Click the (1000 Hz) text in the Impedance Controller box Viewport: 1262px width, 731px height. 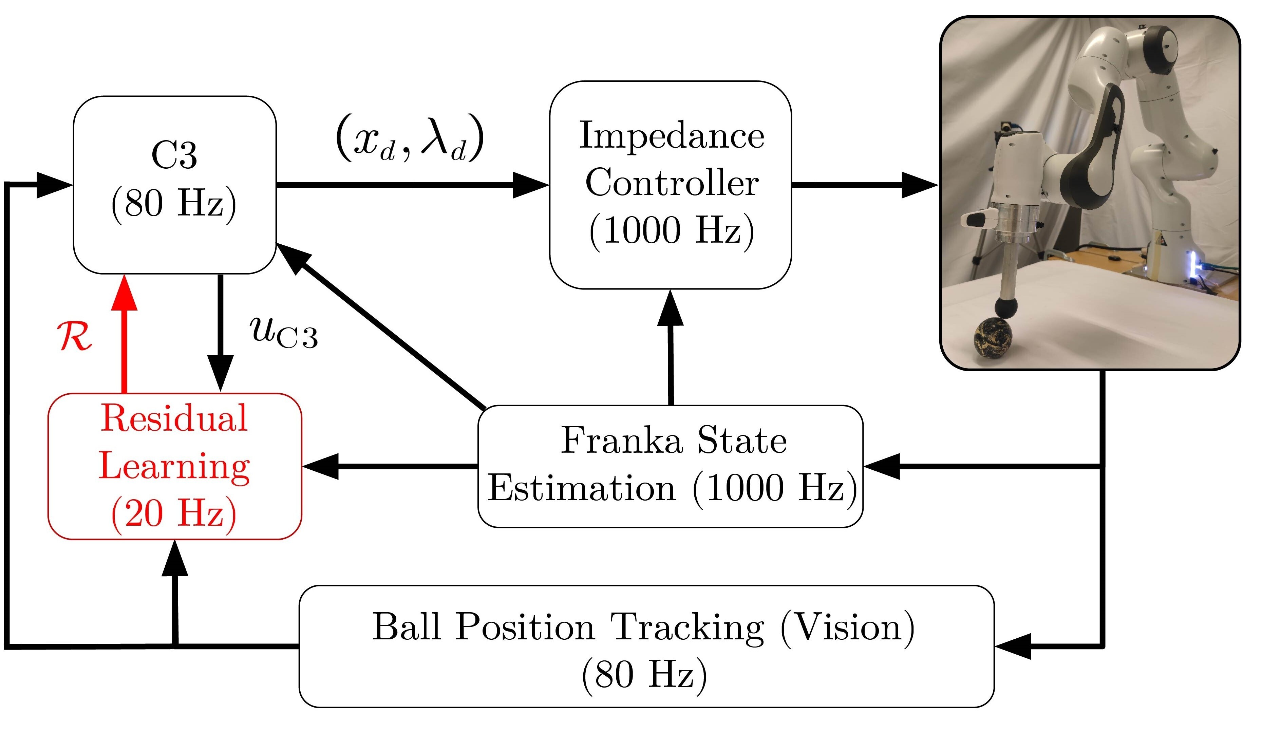tap(672, 230)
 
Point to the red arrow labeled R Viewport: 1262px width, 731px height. tap(124, 335)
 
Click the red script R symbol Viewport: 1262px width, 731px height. tap(74, 336)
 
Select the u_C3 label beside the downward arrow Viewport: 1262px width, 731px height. tap(283, 333)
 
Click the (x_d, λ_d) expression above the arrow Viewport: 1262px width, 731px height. tap(410, 138)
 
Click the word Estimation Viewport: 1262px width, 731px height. tap(581, 488)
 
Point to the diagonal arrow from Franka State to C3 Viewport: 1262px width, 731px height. tap(381, 325)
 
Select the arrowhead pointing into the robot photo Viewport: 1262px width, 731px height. tap(919, 185)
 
